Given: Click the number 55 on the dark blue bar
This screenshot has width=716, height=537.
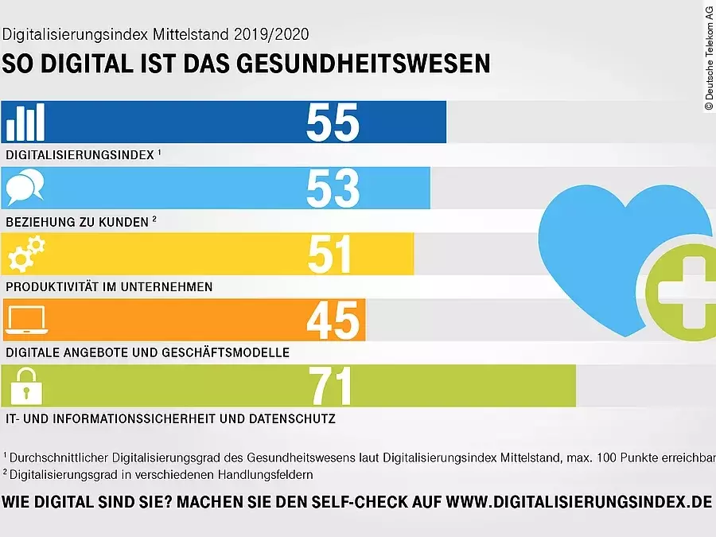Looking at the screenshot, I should coord(333,123).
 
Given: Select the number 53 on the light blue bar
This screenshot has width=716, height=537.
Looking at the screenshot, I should coord(333,189).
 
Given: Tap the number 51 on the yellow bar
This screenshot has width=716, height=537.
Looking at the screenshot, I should coord(331,255).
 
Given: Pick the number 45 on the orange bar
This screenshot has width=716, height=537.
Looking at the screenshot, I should coord(333,321).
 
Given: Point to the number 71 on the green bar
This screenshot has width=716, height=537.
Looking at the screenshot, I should coord(331,387).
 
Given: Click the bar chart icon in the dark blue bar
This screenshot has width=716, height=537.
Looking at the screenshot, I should coord(25,123).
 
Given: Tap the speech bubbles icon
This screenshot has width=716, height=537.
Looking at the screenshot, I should coord(25,189).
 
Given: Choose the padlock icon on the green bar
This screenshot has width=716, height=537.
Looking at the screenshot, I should coord(25,387).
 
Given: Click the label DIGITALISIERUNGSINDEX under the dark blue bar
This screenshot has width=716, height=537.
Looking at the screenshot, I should coord(80,155).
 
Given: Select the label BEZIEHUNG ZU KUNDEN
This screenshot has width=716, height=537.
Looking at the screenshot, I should coord(77,222).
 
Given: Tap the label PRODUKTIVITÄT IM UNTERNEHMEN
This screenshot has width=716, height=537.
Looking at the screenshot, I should coord(109,286).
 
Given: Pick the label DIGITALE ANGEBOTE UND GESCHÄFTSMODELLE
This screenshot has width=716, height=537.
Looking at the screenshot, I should coord(147,352).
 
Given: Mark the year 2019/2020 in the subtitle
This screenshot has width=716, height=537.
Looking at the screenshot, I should coord(269,35).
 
